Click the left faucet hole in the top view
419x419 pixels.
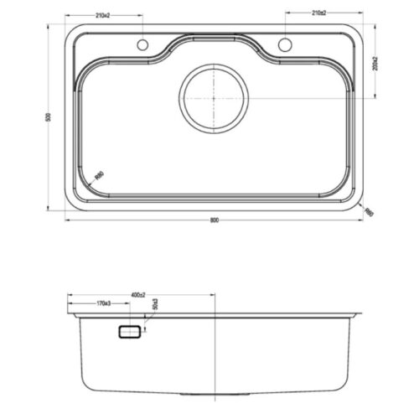(x=142, y=44)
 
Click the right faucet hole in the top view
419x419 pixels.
(x=286, y=44)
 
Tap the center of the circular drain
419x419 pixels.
(x=215, y=99)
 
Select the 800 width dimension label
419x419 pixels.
(x=215, y=220)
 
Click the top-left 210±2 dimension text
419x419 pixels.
(x=103, y=14)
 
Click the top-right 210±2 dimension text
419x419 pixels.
(x=319, y=14)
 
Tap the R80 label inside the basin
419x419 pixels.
(x=99, y=175)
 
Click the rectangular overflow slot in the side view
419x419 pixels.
(x=130, y=333)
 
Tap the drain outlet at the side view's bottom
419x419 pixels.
(x=215, y=391)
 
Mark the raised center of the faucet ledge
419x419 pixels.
(x=215, y=39)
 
